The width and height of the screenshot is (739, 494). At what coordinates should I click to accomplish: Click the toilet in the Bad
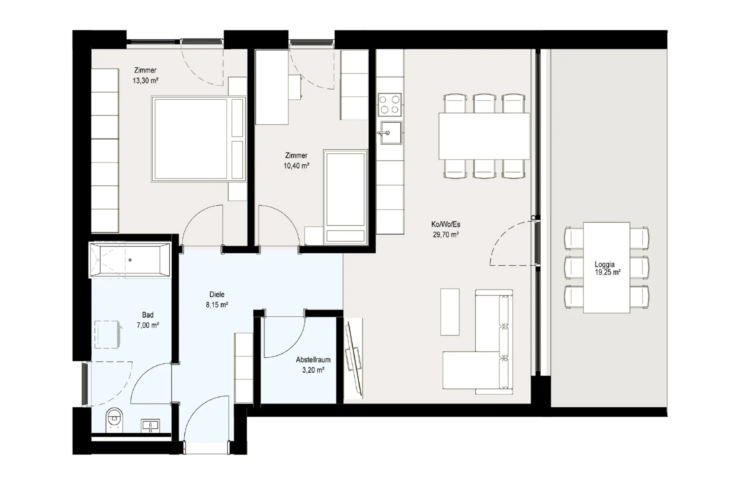click(114, 420)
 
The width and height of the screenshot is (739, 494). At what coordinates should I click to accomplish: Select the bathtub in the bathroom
click(129, 260)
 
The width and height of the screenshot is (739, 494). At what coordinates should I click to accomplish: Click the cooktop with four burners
click(390, 104)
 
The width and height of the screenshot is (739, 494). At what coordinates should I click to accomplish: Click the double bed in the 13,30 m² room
click(199, 139)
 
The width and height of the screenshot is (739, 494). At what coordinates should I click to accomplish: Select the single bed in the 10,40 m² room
click(345, 197)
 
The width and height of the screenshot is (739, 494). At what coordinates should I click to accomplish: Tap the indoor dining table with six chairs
click(484, 136)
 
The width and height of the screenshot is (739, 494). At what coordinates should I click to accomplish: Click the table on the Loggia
click(607, 268)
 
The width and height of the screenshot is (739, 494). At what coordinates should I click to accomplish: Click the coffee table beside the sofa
click(450, 312)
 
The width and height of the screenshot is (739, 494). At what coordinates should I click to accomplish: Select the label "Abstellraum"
click(313, 360)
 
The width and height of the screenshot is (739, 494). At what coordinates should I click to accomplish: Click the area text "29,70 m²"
click(446, 234)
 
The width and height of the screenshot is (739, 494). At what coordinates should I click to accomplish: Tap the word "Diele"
click(217, 294)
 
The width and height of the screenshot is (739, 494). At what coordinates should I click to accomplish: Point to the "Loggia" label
click(604, 264)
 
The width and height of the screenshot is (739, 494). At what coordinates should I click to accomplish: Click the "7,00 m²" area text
click(148, 325)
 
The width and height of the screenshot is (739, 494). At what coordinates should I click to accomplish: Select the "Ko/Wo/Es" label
click(446, 224)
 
